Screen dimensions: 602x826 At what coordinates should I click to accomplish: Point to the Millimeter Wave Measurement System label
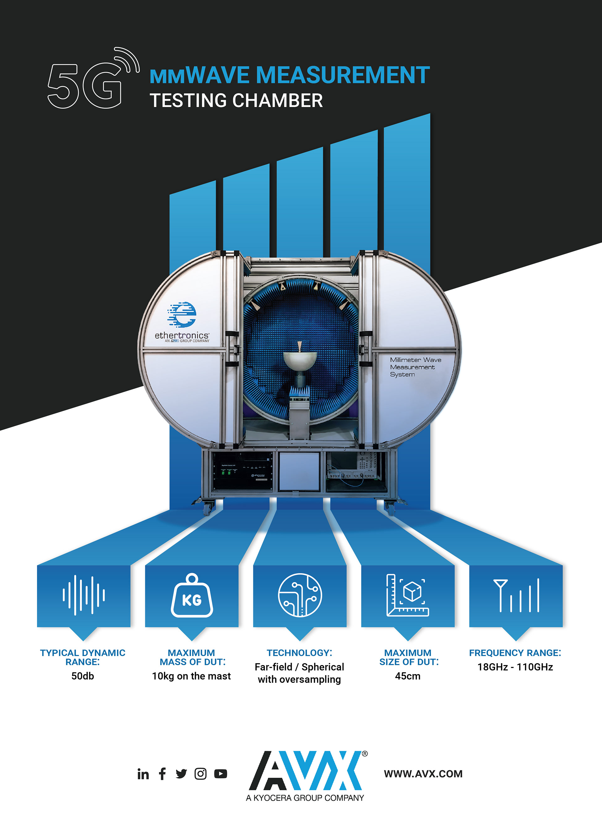point(415,367)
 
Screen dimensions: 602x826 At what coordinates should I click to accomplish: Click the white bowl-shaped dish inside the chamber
point(300,360)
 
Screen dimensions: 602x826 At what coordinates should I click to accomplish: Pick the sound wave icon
point(83,595)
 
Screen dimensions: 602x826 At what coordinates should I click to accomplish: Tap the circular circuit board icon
point(300,595)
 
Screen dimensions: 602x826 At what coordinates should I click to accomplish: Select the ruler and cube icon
point(407,595)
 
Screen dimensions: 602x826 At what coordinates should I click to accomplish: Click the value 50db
point(83,676)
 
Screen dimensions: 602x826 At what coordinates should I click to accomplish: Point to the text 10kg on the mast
point(191,676)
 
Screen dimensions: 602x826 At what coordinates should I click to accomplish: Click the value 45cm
point(407,676)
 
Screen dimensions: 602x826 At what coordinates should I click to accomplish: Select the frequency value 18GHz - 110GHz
point(515,667)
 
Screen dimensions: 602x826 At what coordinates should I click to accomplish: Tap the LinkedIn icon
point(143,774)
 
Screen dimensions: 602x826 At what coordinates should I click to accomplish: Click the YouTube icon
point(220,774)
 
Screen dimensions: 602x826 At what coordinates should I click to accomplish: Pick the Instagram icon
point(200,774)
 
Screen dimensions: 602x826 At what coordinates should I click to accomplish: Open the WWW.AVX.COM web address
point(423,774)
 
